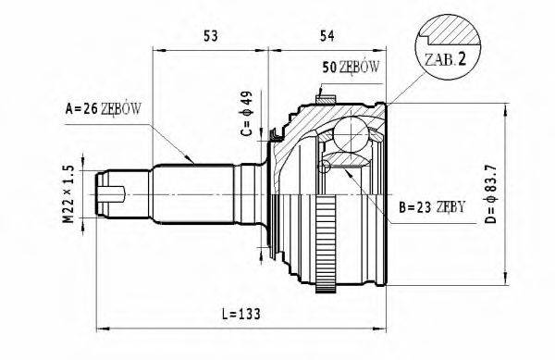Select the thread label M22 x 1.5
(65, 193)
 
